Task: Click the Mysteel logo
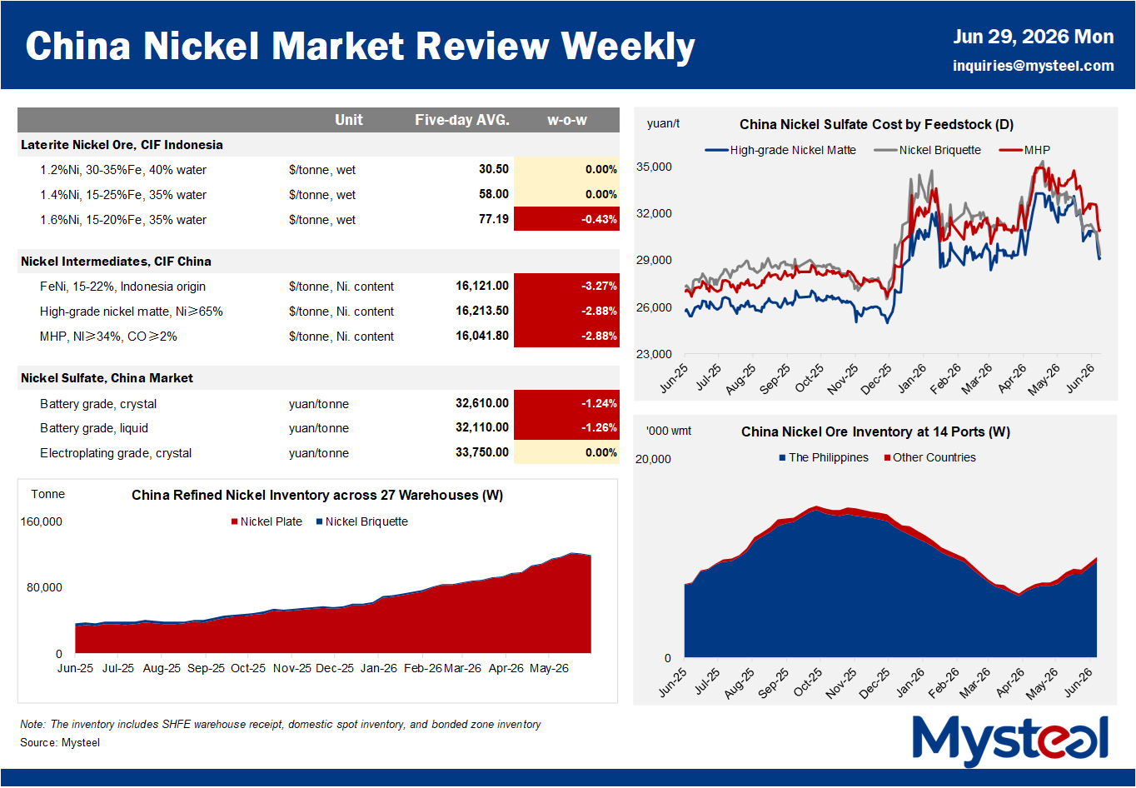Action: (x=1010, y=741)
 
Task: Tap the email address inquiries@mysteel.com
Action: (x=1033, y=66)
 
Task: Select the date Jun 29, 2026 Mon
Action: (x=1033, y=37)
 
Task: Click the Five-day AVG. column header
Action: (x=462, y=120)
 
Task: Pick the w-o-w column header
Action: (x=566, y=120)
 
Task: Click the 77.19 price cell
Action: (x=493, y=219)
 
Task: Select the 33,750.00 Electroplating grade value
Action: (x=481, y=452)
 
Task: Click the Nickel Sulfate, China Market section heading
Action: (x=107, y=378)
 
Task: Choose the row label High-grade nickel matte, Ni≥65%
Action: (x=132, y=312)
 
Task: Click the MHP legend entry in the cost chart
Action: (x=1024, y=150)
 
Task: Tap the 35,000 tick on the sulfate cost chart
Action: (x=654, y=167)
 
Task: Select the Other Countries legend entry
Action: (x=929, y=457)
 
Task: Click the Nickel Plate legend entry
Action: (x=267, y=521)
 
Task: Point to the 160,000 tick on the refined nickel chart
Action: (x=41, y=521)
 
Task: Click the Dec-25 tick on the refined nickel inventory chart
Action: (x=335, y=668)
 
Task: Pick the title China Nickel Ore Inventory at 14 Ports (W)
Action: (x=876, y=431)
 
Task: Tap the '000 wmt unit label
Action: (x=669, y=431)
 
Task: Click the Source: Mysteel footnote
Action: (x=60, y=742)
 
